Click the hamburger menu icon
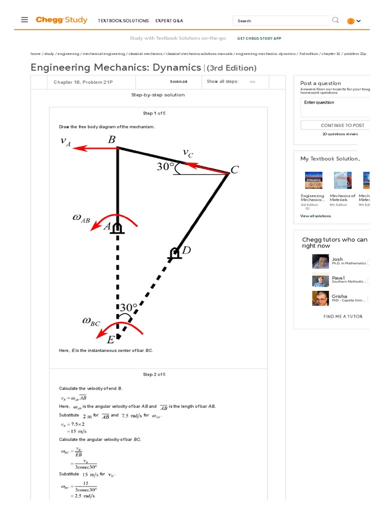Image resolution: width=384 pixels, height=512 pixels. click(24, 20)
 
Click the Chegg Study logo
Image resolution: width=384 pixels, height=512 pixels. click(61, 20)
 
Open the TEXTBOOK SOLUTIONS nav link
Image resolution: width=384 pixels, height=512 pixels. click(123, 21)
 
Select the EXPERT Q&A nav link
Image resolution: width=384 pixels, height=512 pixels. click(169, 21)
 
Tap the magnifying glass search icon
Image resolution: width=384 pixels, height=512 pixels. click(335, 20)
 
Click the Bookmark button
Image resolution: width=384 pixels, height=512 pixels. click(178, 81)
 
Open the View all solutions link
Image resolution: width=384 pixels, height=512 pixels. click(315, 216)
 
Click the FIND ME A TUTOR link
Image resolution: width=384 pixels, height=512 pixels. click(342, 316)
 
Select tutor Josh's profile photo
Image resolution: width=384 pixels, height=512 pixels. click(320, 261)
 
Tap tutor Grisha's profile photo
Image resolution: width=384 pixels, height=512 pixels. click(320, 298)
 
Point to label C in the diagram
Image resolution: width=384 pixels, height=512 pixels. click(234, 170)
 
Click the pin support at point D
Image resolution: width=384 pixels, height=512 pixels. click(174, 254)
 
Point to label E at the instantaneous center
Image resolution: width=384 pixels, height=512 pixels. click(111, 339)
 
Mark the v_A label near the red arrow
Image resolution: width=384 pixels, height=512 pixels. click(65, 141)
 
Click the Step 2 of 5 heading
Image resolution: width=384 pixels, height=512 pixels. click(154, 374)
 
